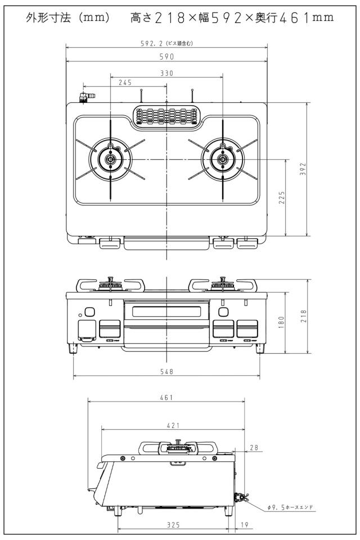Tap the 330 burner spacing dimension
(x=166, y=73)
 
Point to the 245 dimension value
(x=125, y=82)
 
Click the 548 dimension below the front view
(x=166, y=372)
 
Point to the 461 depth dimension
(x=166, y=398)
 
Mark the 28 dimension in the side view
(x=254, y=448)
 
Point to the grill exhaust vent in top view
(x=166, y=116)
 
